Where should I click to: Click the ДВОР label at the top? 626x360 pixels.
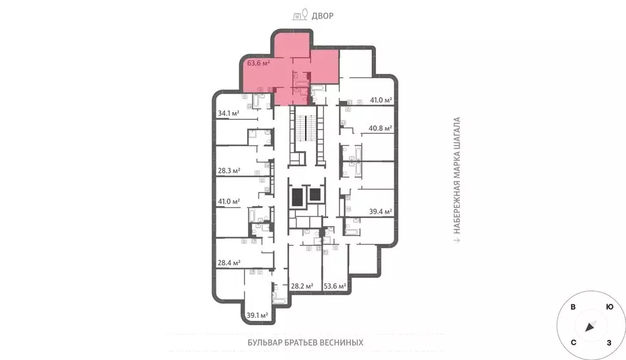[323, 15]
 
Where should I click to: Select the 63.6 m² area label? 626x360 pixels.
[258, 62]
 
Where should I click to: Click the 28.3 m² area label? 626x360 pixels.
[229, 171]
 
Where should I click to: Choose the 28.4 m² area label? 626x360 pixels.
[229, 263]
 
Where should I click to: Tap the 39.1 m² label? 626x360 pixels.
[257, 315]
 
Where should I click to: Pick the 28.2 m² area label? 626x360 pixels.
[302, 285]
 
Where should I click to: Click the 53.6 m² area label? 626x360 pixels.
[335, 285]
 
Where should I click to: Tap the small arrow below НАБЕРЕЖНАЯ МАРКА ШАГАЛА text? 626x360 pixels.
[456, 240]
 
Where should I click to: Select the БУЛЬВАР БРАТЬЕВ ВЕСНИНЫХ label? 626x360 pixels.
[305, 343]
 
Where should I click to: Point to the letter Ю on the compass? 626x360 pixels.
[609, 307]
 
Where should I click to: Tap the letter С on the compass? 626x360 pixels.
[573, 343]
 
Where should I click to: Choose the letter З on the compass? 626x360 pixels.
[609, 343]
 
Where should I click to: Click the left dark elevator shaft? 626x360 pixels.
[298, 197]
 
